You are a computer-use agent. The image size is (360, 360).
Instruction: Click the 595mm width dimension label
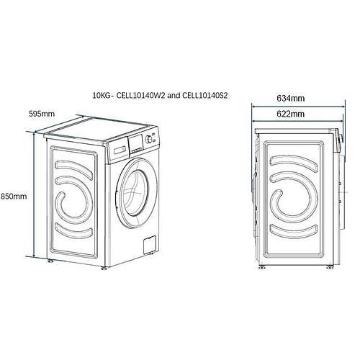click(42, 113)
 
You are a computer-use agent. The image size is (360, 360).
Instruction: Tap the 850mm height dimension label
click(14, 197)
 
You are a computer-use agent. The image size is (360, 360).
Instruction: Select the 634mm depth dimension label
click(291, 98)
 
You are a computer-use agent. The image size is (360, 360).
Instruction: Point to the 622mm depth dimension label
click(291, 114)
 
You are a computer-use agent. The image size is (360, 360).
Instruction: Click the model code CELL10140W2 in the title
click(141, 96)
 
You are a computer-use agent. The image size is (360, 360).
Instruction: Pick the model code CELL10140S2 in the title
click(204, 96)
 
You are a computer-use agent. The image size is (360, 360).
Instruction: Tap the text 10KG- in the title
click(103, 96)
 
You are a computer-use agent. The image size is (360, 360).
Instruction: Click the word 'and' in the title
click(174, 96)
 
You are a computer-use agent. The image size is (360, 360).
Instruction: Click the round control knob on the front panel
click(148, 139)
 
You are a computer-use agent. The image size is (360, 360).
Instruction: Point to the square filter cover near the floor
click(150, 245)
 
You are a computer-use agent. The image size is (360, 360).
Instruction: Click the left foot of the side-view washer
click(261, 267)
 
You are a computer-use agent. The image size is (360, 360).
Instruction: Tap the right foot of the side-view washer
click(329, 267)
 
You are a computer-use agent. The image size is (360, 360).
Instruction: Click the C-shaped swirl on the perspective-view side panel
click(74, 199)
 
